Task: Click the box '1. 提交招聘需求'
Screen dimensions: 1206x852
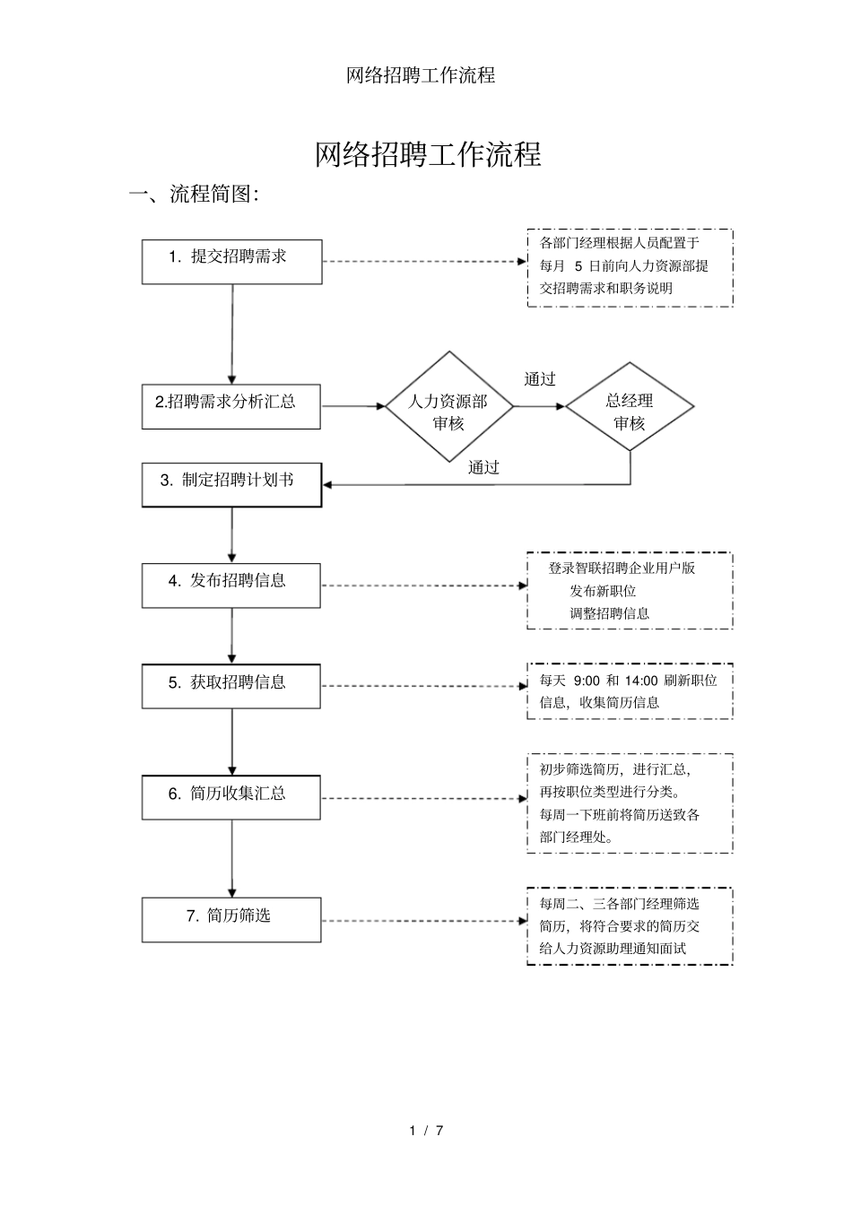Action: point(231,261)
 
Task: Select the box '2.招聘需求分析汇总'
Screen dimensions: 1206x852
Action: point(231,406)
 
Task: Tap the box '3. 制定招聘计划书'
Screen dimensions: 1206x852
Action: point(231,484)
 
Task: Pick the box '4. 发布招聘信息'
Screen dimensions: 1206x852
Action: point(231,585)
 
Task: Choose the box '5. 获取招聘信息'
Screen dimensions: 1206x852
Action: point(231,686)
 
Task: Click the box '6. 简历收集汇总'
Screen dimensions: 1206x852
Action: point(231,797)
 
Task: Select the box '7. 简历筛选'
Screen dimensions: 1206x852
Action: point(231,919)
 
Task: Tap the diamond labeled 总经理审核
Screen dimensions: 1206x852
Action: point(630,412)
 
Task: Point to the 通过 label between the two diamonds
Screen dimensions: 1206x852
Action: point(540,379)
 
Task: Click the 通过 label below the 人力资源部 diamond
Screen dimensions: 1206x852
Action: point(483,467)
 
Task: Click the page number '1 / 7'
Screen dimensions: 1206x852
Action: point(427,1130)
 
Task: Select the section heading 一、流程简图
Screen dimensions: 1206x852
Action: point(195,194)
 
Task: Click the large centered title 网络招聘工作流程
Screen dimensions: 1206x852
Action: point(428,154)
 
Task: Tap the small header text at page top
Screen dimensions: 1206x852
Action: point(421,75)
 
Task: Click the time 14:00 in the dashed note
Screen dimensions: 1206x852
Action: point(641,681)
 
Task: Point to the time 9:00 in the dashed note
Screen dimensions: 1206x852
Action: point(587,681)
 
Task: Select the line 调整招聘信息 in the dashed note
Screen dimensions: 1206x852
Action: point(609,613)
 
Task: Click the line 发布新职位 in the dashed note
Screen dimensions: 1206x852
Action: point(603,591)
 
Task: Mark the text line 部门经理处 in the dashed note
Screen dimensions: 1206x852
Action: point(578,837)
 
